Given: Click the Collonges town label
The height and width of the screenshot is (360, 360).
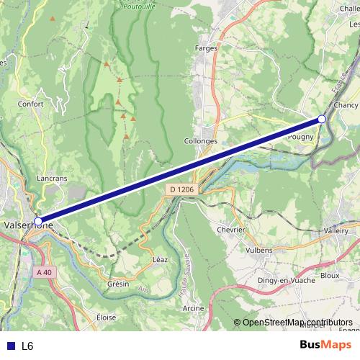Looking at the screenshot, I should click(201, 142).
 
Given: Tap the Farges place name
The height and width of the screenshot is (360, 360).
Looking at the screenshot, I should click(206, 48).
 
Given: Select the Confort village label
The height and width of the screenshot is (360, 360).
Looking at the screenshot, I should click(32, 103).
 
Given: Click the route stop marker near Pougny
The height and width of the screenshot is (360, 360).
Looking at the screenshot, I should click(322, 119).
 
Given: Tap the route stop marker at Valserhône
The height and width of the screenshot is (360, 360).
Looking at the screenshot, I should click(38, 222).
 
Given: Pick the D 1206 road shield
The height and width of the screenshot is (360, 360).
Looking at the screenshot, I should click(183, 189).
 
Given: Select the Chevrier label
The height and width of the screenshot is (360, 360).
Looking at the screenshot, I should click(230, 230).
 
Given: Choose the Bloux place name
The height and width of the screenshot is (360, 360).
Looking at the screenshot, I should click(330, 275).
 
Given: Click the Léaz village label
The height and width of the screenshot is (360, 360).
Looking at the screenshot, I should click(161, 258).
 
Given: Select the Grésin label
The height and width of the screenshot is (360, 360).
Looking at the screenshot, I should click(117, 284).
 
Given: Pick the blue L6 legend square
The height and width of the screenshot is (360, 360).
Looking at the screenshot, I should click(9, 346).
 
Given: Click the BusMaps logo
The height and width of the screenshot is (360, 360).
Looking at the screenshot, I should click(326, 346).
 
